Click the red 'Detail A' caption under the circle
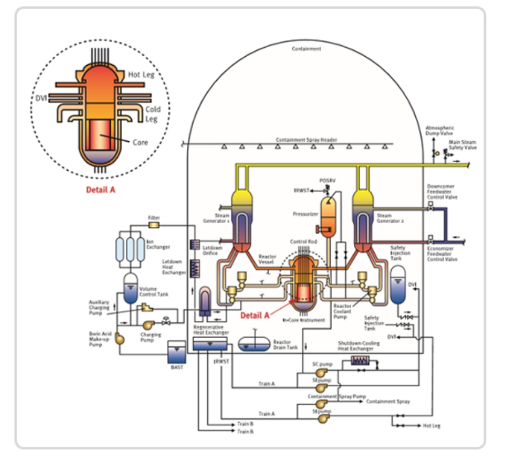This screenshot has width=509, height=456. pyautogui.click(x=101, y=189)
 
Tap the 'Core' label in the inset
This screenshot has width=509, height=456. pyautogui.click(x=140, y=143)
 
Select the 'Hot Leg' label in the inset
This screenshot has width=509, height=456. pyautogui.click(x=141, y=75)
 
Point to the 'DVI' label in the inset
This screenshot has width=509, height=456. pyautogui.click(x=40, y=98)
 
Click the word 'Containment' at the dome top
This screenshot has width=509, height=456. pyautogui.click(x=306, y=49)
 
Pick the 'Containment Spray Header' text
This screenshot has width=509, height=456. pyautogui.click(x=306, y=140)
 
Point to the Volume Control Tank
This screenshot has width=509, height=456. pyautogui.click(x=131, y=289)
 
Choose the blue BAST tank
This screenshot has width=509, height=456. pyautogui.click(x=176, y=353)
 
